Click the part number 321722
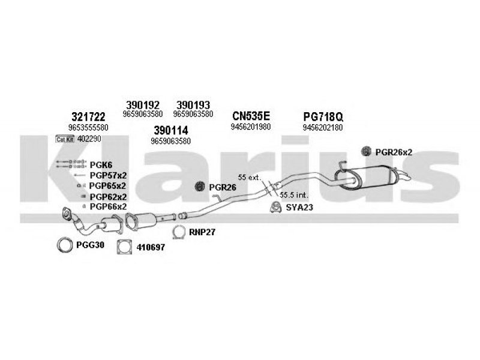[88, 116]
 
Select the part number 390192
[142, 103]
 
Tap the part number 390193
[193, 103]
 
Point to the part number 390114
[171, 130]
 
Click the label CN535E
[251, 116]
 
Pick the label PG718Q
[323, 116]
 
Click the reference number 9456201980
[251, 127]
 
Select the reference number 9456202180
[323, 127]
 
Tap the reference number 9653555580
[88, 128]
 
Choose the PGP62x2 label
[108, 196]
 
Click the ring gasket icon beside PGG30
[64, 244]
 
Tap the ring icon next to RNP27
[178, 232]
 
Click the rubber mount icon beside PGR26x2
[367, 152]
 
